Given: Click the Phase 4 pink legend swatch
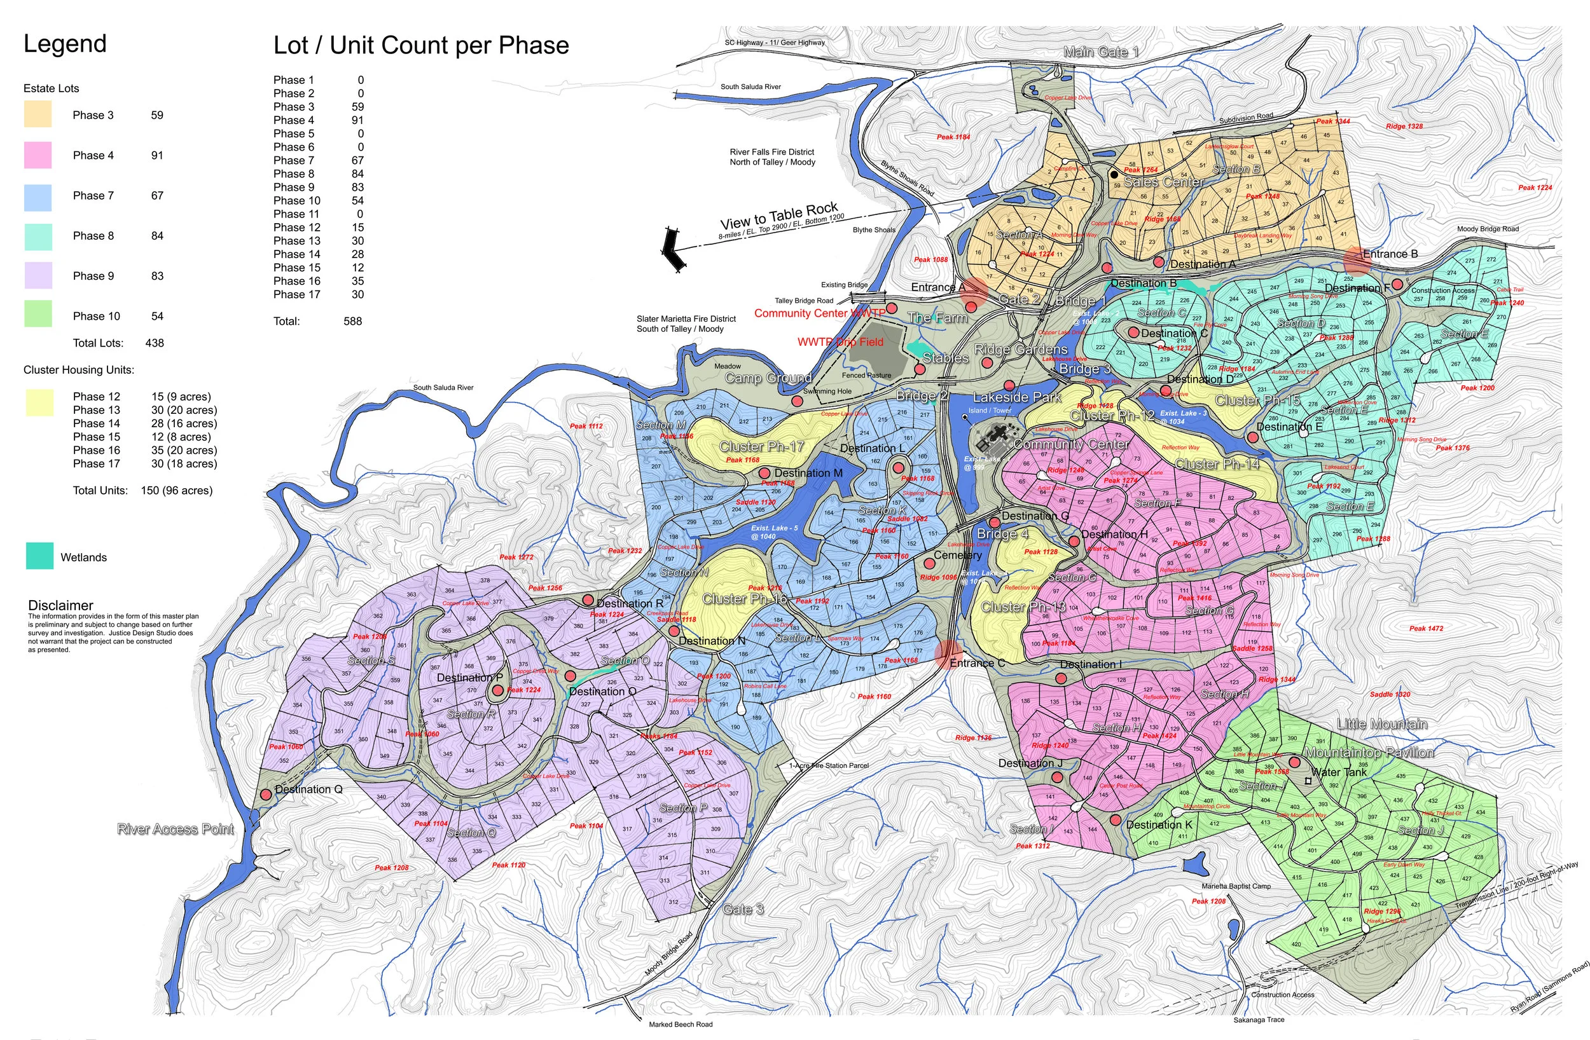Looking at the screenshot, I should (x=38, y=155).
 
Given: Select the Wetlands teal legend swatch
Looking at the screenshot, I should (x=39, y=556).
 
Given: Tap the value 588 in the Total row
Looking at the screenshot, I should (x=353, y=321).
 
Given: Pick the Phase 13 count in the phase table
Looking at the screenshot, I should (x=358, y=241).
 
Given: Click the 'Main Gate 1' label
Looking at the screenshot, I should (x=1100, y=52).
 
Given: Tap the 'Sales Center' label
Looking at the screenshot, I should (x=1163, y=182).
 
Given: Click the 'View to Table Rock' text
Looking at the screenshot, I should (x=778, y=216).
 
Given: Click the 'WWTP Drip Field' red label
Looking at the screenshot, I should (x=840, y=342).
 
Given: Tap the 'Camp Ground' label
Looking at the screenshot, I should (x=768, y=378).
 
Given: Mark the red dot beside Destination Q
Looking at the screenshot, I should (x=266, y=794).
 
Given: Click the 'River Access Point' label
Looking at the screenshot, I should (x=176, y=829).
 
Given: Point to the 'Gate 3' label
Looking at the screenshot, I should (x=742, y=909).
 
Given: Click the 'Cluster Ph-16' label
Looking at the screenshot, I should (x=744, y=598).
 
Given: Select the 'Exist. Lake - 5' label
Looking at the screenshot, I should (x=773, y=528).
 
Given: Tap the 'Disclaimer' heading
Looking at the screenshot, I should (x=61, y=605).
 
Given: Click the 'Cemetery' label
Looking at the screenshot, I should (x=957, y=555).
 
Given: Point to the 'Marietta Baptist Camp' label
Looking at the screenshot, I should (x=1236, y=886).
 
